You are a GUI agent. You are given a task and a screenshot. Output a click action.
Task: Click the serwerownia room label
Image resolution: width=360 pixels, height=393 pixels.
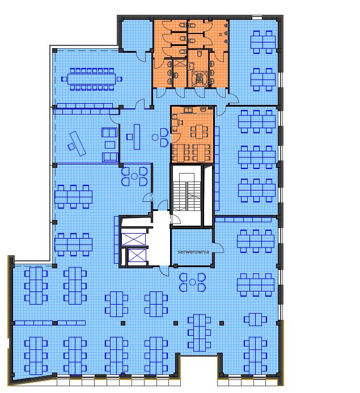click(193, 252)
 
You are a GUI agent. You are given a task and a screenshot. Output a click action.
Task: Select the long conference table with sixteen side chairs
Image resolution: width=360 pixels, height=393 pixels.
click(91, 79)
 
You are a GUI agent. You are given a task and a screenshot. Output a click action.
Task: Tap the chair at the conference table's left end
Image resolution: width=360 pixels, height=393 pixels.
click(64, 79)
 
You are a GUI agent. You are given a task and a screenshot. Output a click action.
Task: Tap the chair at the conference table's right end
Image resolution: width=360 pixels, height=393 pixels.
click(119, 79)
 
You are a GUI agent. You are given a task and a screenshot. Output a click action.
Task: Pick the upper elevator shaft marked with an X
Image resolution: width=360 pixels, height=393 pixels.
click(133, 239)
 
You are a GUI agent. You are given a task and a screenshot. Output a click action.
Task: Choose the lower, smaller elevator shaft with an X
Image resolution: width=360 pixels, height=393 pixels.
click(137, 255)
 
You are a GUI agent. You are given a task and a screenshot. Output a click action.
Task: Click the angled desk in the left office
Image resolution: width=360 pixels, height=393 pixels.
click(78, 143)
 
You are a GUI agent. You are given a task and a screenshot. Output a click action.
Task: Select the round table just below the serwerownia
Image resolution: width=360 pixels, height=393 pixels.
click(192, 282)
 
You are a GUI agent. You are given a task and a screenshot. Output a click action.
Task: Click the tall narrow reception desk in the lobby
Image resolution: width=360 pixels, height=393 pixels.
click(137, 137)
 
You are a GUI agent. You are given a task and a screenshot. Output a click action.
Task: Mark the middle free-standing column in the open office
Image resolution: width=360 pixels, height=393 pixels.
click(176, 323)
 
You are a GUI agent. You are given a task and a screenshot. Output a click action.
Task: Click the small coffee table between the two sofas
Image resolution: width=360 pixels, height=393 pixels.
click(110, 145)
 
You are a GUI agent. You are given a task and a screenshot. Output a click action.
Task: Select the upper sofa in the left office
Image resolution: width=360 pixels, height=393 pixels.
click(109, 132)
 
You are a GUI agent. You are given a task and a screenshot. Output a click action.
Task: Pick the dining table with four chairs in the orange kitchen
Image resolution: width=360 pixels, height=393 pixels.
click(199, 132)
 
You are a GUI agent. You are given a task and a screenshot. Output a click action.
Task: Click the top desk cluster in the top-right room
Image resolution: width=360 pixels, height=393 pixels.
click(262, 42)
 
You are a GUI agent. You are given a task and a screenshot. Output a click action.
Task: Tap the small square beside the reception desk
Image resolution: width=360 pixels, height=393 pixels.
click(129, 137)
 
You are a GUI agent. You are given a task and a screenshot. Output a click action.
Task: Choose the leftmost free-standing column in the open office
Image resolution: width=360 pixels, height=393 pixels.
click(123, 323)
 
